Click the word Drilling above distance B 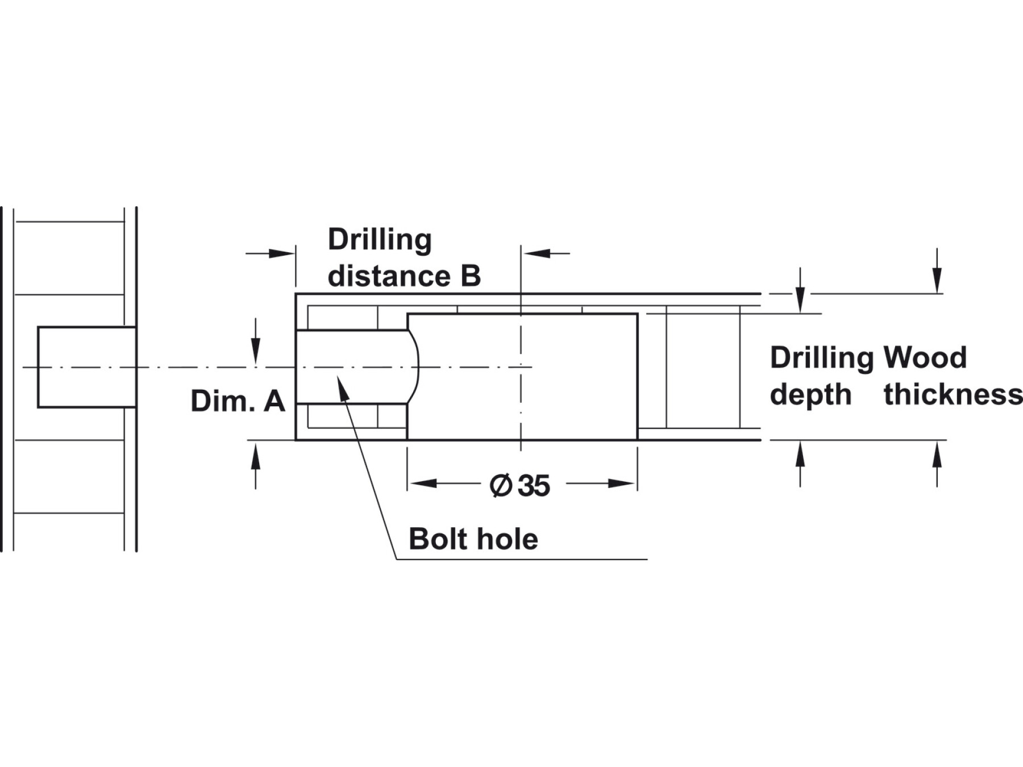[x=380, y=240]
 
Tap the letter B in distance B [x=470, y=277]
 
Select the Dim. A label [x=238, y=401]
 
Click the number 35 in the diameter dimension [x=534, y=486]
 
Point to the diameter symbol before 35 [x=501, y=486]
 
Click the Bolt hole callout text [x=473, y=539]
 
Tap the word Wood [x=925, y=358]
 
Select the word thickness [x=953, y=395]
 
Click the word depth [x=810, y=395]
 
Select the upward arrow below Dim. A [x=256, y=456]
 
